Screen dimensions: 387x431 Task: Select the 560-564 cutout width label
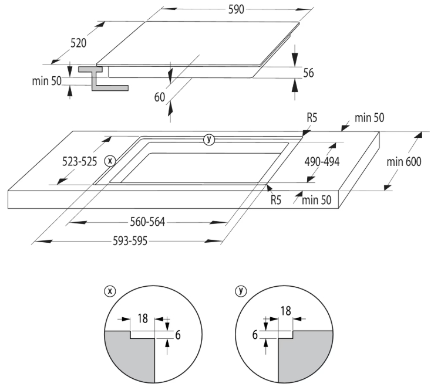(x=147, y=222)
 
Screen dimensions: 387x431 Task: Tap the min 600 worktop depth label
(x=403, y=162)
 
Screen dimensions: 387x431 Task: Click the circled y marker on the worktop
(x=208, y=139)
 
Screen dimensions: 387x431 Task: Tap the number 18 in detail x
(x=142, y=318)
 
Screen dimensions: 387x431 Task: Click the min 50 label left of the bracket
(x=46, y=80)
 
